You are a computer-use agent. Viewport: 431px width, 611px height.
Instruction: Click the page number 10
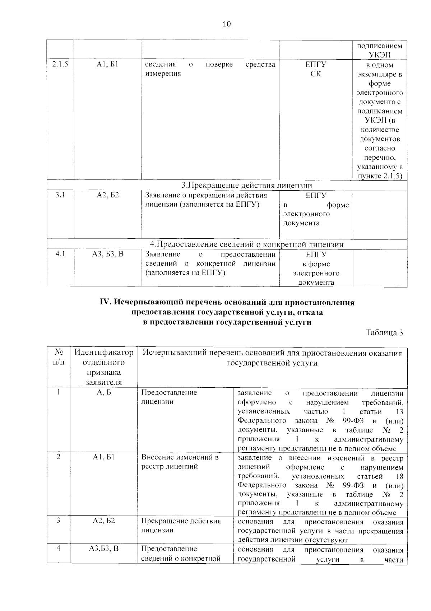[227, 24]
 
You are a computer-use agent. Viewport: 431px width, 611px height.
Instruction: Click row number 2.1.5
[60, 65]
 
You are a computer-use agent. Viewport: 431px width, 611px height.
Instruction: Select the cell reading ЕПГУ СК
[316, 69]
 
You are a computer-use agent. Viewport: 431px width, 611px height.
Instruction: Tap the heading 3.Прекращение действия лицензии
[246, 185]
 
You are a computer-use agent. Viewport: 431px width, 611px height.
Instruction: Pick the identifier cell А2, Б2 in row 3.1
[107, 195]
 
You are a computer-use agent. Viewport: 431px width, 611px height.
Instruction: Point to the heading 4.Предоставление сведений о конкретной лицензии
[246, 244]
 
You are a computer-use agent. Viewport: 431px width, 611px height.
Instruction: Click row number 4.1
[60, 254]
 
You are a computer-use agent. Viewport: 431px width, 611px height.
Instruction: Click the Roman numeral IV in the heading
[106, 303]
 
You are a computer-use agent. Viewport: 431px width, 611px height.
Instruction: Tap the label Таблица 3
[384, 332]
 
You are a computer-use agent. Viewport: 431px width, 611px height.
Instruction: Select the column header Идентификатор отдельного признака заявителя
[103, 367]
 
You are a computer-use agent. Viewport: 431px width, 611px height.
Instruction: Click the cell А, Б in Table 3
[103, 392]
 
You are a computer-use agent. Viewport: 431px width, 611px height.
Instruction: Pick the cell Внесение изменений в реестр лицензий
[180, 462]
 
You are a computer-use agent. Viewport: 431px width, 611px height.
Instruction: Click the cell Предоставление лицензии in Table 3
[169, 397]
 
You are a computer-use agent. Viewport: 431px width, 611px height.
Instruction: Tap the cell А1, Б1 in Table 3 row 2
[103, 457]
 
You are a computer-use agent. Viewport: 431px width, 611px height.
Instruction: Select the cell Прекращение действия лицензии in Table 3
[181, 526]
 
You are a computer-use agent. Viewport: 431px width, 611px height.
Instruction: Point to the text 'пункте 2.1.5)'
[380, 176]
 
